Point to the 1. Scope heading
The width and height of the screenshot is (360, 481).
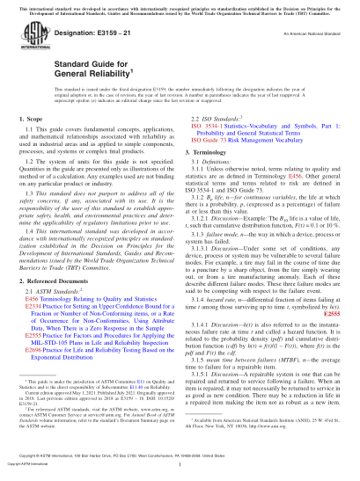(31, 117)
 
